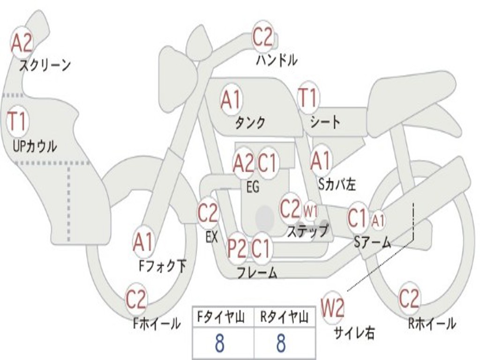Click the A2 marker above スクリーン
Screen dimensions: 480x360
click(22, 43)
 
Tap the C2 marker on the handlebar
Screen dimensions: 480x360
click(262, 36)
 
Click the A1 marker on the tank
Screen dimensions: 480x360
click(231, 100)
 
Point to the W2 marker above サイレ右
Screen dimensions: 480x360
click(332, 307)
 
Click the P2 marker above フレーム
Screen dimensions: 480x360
click(237, 248)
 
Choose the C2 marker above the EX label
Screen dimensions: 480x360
click(208, 212)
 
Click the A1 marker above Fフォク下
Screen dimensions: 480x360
click(143, 242)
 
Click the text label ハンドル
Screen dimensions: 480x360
click(277, 60)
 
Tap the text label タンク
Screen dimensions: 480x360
click(250, 123)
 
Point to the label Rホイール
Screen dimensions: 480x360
click(432, 323)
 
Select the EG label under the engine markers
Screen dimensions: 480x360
click(253, 187)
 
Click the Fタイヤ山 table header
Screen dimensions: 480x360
click(221, 317)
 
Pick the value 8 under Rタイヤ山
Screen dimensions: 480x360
click(281, 343)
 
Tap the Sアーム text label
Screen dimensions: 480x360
click(373, 242)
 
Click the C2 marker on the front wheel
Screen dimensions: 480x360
click(136, 299)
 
